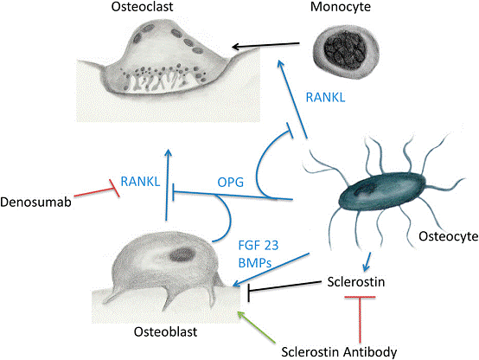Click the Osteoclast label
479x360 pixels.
coord(142,7)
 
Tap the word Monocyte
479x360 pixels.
coord(341,7)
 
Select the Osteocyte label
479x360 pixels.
coord(449,236)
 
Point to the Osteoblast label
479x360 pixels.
coord(165,331)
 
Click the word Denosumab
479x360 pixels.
coord(35,202)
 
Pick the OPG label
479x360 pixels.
coord(231,183)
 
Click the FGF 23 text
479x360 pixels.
coord(259,245)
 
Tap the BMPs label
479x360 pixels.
coord(255,262)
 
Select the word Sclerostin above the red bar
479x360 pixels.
coord(356,282)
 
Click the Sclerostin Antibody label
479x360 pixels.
coord(339,351)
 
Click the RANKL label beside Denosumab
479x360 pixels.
coord(141,182)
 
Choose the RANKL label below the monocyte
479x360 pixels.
coord(326,98)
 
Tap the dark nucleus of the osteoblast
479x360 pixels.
coord(182,254)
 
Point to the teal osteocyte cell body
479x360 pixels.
coord(382,191)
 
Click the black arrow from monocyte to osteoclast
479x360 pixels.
coord(265,46)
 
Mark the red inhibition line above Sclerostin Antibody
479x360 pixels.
coord(360,319)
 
